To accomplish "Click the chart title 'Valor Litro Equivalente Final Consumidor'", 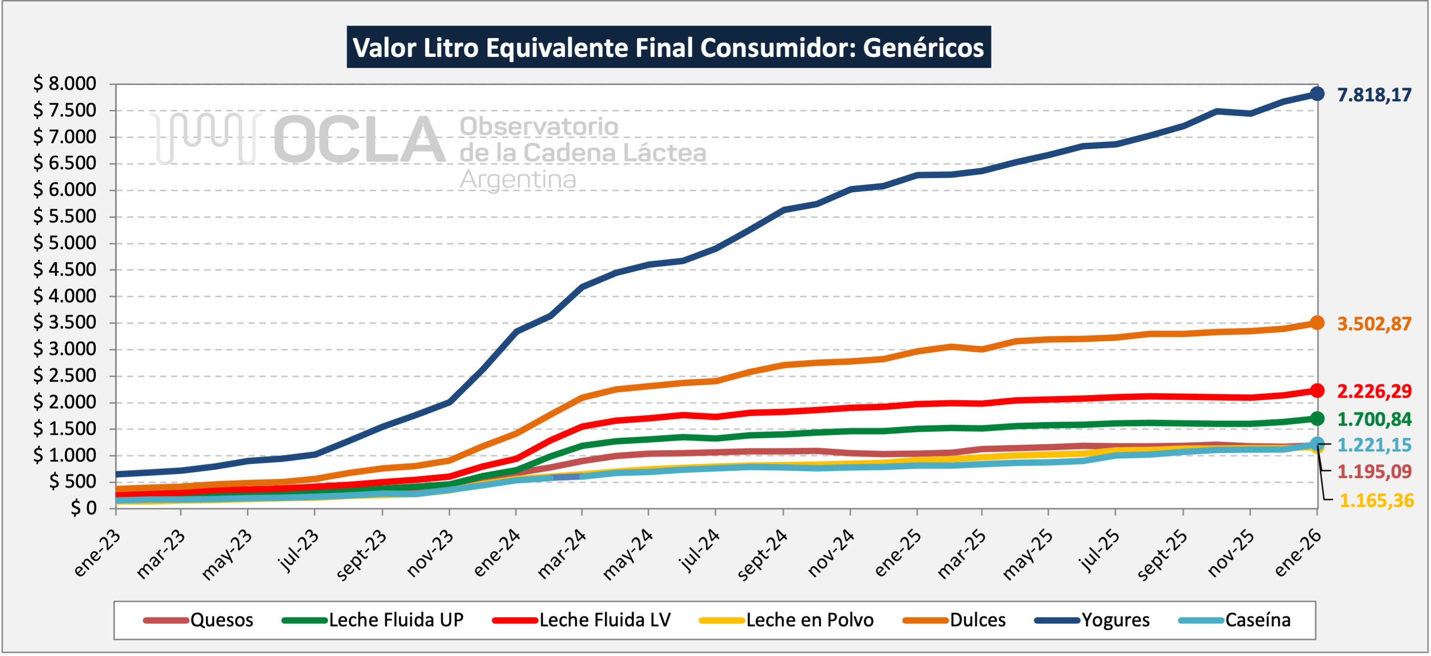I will pyautogui.click(x=669, y=47).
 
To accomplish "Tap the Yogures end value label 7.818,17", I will pyautogui.click(x=1374, y=95).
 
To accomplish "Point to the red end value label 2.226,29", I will pyautogui.click(x=1374, y=391).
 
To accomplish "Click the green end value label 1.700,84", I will pyautogui.click(x=1374, y=419).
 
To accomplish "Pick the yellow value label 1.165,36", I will pyautogui.click(x=1376, y=501).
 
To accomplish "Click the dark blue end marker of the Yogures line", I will pyautogui.click(x=1316, y=94).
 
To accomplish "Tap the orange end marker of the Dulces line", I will pyautogui.click(x=1316, y=323).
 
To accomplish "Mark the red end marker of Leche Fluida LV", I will pyautogui.click(x=1316, y=391).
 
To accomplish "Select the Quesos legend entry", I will pyautogui.click(x=221, y=620).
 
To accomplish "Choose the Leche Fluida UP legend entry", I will pyautogui.click(x=396, y=620).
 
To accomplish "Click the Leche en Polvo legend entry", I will pyautogui.click(x=809, y=620).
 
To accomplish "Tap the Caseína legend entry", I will pyautogui.click(x=1258, y=620).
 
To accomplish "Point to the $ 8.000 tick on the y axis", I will pyautogui.click(x=65, y=84).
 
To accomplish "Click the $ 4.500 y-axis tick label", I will pyautogui.click(x=65, y=270).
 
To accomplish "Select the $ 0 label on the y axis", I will pyautogui.click(x=83, y=508).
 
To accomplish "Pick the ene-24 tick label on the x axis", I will pyautogui.click(x=497, y=553).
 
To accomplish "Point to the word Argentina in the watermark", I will pyautogui.click(x=518, y=179).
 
